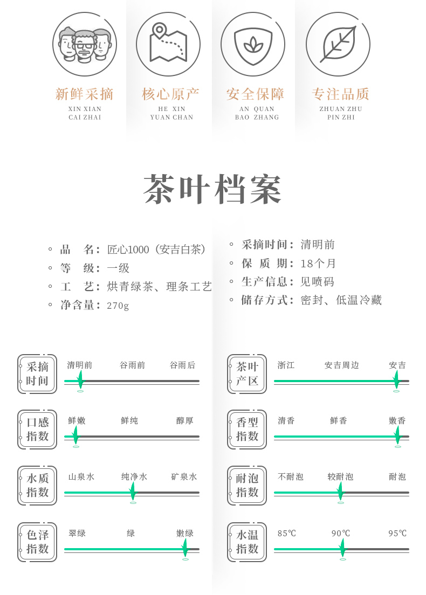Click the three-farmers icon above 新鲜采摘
(85, 44)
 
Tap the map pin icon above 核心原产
(168, 44)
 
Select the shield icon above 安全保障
(253, 44)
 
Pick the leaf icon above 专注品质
(338, 44)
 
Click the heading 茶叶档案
(213, 190)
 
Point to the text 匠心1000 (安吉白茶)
(157, 250)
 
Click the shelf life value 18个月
(318, 264)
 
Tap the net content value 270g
(118, 306)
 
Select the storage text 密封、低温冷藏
(341, 300)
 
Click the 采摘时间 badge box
(37, 374)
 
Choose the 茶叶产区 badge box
(247, 374)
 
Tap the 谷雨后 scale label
(183, 365)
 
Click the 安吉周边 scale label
(341, 365)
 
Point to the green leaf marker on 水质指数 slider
(133, 491)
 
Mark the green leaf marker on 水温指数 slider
(342, 548)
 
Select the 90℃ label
(341, 534)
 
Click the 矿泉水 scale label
(184, 477)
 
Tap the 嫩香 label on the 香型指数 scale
(397, 421)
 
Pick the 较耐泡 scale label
(340, 477)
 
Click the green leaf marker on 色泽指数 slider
(185, 547)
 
